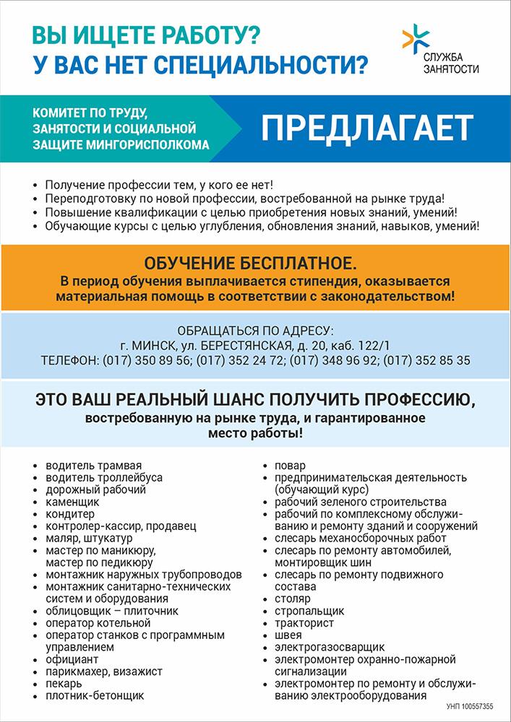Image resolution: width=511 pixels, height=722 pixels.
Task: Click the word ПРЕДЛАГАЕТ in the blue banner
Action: pyautogui.click(x=367, y=128)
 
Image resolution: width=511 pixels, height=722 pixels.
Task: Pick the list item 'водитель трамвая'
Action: pyautogui.click(x=93, y=465)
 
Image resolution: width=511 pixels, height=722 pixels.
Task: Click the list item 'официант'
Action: pyautogui.click(x=72, y=659)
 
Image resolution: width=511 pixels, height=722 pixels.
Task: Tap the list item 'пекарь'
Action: pyautogui.click(x=64, y=683)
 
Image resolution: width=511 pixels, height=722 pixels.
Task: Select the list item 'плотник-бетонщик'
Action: pyautogui.click(x=94, y=695)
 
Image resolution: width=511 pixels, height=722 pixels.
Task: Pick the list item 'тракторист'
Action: pyautogui.click(x=304, y=622)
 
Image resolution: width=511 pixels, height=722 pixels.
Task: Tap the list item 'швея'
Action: pyautogui.click(x=288, y=635)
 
